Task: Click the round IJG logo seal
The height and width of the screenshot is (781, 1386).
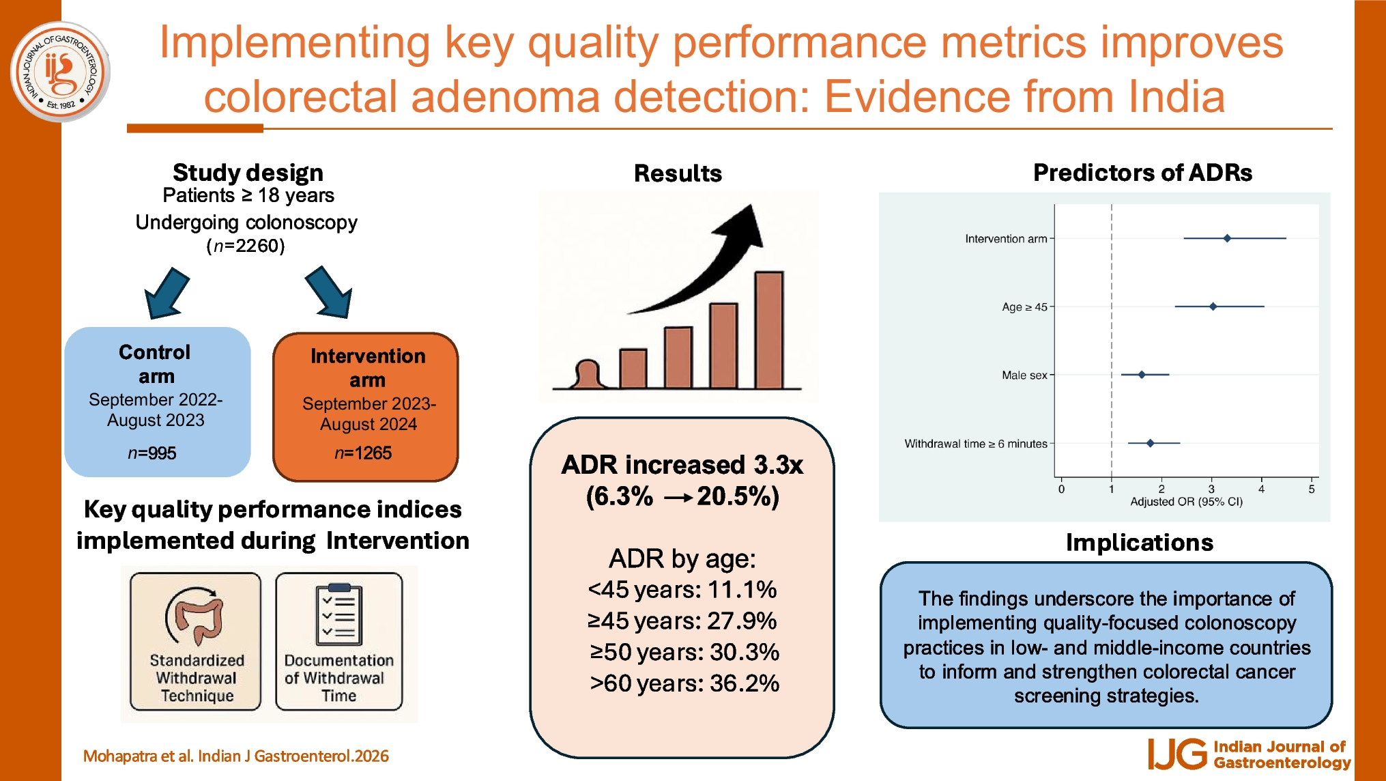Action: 60,72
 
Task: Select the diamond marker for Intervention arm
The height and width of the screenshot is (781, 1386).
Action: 1227,238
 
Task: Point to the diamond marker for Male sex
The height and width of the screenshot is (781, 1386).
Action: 1142,375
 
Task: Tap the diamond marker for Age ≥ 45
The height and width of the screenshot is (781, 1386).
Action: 1213,307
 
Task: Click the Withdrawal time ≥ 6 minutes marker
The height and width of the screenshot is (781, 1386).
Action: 1151,443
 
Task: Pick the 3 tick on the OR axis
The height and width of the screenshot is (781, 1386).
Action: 1211,489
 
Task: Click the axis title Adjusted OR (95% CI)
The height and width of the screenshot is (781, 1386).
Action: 1186,502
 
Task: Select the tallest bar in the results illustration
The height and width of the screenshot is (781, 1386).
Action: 769,330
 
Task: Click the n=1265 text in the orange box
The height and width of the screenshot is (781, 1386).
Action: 363,453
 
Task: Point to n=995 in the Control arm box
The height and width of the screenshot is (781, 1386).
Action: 152,453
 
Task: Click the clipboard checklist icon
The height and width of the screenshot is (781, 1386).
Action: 339,614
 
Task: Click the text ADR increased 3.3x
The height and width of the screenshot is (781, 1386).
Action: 682,465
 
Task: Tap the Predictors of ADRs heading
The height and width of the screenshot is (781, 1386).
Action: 1142,173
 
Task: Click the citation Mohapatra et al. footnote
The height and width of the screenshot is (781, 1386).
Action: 235,756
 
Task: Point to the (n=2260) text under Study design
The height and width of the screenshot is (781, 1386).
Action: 246,246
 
